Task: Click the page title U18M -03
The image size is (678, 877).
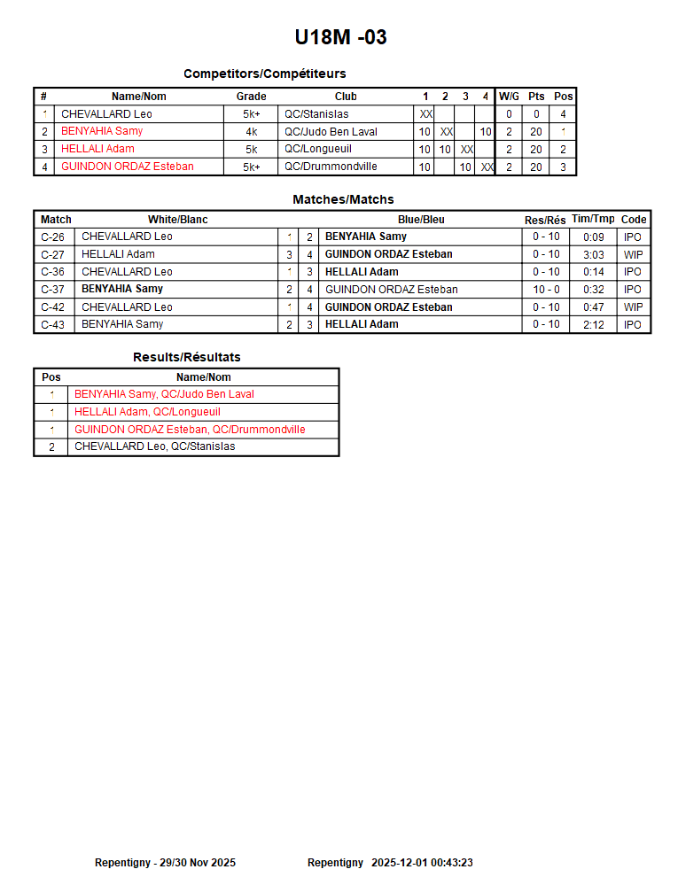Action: tap(340, 37)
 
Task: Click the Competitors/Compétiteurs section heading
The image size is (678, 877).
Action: tap(264, 74)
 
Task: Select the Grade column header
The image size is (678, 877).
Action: tap(251, 97)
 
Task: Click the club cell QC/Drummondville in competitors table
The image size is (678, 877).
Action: tap(331, 167)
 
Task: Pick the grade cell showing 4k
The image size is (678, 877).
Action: tap(251, 132)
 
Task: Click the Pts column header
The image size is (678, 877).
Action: tap(536, 97)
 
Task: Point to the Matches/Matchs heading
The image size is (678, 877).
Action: tap(343, 199)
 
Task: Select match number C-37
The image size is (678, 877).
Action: tap(52, 290)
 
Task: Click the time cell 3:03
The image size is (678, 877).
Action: tap(593, 254)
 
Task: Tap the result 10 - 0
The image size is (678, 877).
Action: tap(546, 290)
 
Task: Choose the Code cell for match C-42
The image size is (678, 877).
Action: tap(633, 307)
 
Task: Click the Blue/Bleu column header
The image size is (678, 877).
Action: tap(421, 220)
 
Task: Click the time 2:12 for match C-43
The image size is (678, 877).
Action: tap(593, 325)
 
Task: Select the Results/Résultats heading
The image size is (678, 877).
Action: tap(186, 357)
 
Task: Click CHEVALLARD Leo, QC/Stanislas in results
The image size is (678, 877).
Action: tap(154, 447)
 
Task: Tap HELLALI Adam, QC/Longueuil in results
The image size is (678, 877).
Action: tap(147, 412)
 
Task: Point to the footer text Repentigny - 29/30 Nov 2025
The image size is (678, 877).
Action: tap(165, 863)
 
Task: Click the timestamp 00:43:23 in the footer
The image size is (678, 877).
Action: tap(451, 863)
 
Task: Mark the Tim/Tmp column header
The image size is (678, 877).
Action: tap(593, 220)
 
